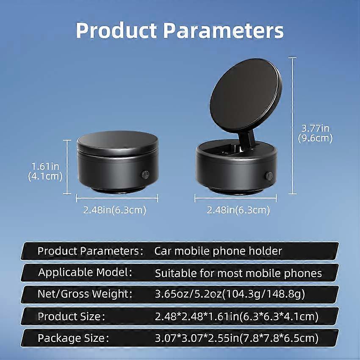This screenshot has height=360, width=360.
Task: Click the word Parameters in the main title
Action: (223, 30)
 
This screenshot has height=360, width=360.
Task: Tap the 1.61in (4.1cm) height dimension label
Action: (45, 171)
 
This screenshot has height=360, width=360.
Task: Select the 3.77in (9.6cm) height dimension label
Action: (315, 133)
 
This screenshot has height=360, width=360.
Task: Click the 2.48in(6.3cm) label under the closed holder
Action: (115, 210)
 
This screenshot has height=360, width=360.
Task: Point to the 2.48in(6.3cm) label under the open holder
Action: (238, 210)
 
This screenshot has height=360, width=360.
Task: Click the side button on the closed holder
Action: (145, 175)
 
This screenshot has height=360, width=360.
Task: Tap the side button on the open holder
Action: (269, 176)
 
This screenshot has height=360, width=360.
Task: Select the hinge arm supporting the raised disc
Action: (247, 140)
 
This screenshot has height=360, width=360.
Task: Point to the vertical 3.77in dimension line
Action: (292, 126)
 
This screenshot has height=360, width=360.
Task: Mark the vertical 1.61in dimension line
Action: (67, 167)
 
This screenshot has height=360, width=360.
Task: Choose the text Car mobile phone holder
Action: (218, 251)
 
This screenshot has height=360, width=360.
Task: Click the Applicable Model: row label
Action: (85, 272)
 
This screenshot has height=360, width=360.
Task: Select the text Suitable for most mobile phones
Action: (238, 273)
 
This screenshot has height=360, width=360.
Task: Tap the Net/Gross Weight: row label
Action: (85, 294)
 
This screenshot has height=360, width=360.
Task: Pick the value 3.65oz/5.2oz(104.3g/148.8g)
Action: (230, 294)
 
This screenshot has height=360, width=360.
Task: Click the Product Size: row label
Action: (72, 316)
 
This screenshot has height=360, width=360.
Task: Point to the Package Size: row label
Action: (73, 338)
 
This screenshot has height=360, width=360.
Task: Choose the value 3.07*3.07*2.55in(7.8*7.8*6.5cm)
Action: (237, 338)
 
